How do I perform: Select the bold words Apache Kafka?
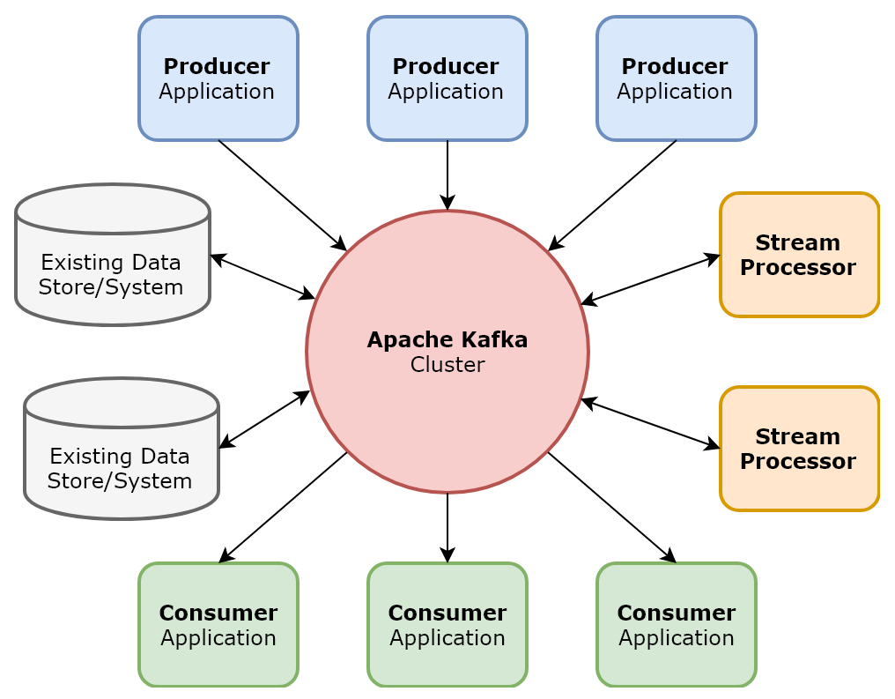pyautogui.click(x=447, y=339)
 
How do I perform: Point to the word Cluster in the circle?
pyautogui.click(x=447, y=365)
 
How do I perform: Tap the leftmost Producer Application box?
pyautogui.click(x=218, y=78)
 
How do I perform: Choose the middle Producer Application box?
pyautogui.click(x=447, y=78)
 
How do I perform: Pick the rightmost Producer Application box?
pyautogui.click(x=676, y=78)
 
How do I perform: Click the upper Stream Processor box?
pyautogui.click(x=799, y=255)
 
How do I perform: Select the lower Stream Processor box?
pyautogui.click(x=799, y=449)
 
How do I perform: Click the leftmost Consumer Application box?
pyautogui.click(x=218, y=625)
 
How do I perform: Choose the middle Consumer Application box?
pyautogui.click(x=447, y=625)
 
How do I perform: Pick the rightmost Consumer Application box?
pyautogui.click(x=676, y=625)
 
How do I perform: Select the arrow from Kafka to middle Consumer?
pyautogui.click(x=447, y=527)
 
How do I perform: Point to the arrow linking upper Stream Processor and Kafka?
pyautogui.click(x=650, y=279)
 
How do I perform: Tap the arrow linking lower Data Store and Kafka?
pyautogui.click(x=264, y=420)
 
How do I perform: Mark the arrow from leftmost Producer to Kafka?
pyautogui.click(x=282, y=195)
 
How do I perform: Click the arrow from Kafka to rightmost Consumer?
pyautogui.click(x=612, y=507)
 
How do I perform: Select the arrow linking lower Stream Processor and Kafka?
pyautogui.click(x=650, y=424)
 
